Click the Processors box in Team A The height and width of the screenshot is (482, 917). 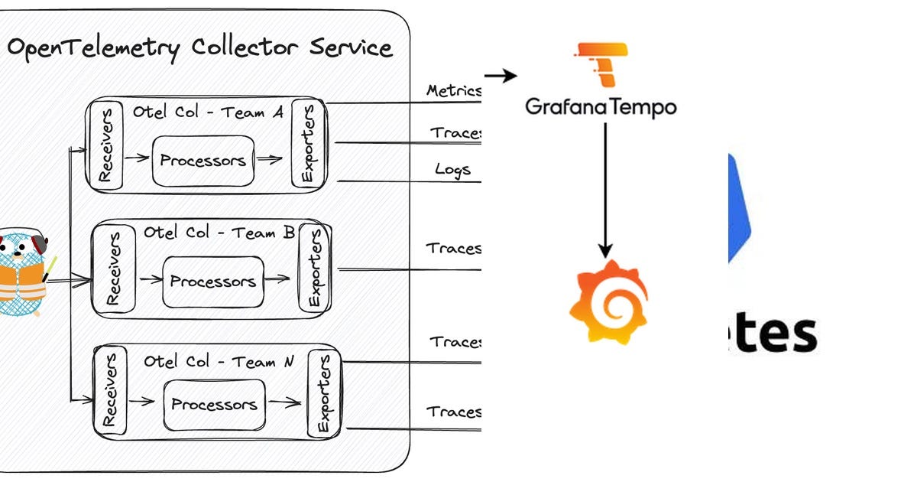[203, 161]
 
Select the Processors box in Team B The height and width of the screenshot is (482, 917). [212, 282]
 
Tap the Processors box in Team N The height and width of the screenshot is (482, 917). [214, 404]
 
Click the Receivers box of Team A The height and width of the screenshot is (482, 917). [105, 145]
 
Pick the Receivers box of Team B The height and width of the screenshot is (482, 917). [112, 270]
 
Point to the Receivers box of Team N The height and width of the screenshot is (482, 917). [110, 390]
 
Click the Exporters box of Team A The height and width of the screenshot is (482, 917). [308, 144]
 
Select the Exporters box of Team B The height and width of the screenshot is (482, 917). [314, 268]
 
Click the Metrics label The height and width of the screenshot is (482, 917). [454, 90]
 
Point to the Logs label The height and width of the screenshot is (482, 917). [452, 169]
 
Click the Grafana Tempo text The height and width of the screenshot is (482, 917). [601, 106]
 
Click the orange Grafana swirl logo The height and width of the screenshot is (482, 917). [608, 302]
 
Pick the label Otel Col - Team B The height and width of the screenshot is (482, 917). [219, 233]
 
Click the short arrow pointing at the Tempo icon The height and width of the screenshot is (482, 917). [501, 76]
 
